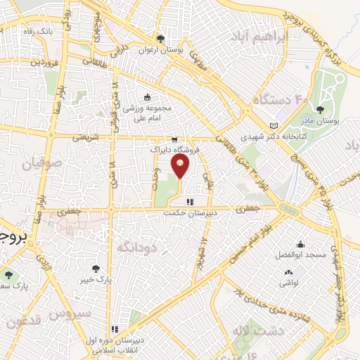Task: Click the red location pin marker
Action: (x=181, y=166)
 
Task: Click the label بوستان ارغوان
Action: (x=155, y=49)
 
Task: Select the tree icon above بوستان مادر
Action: (x=320, y=109)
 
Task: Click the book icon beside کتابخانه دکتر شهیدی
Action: (x=274, y=126)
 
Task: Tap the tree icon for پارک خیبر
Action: (x=96, y=268)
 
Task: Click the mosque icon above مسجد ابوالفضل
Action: (x=300, y=243)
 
